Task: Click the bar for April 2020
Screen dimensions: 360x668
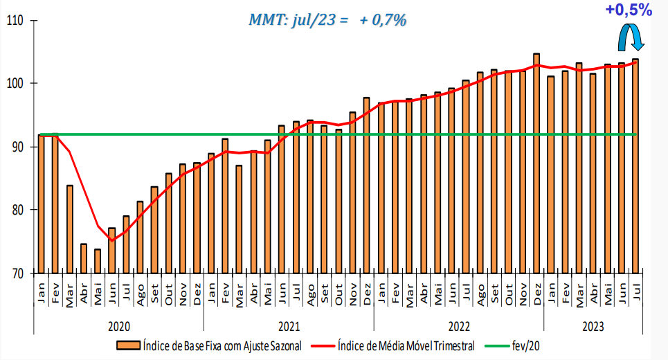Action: (x=84, y=258)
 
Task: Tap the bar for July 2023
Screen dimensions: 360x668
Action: (x=635, y=166)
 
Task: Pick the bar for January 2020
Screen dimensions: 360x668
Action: (x=42, y=204)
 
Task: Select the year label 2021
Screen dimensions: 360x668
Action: (x=289, y=325)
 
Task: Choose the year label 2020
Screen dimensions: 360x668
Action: (x=119, y=325)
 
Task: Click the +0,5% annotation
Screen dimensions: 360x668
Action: (x=628, y=10)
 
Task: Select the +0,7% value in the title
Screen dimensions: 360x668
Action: (x=383, y=20)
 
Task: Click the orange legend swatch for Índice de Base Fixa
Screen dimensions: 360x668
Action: (x=128, y=345)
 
